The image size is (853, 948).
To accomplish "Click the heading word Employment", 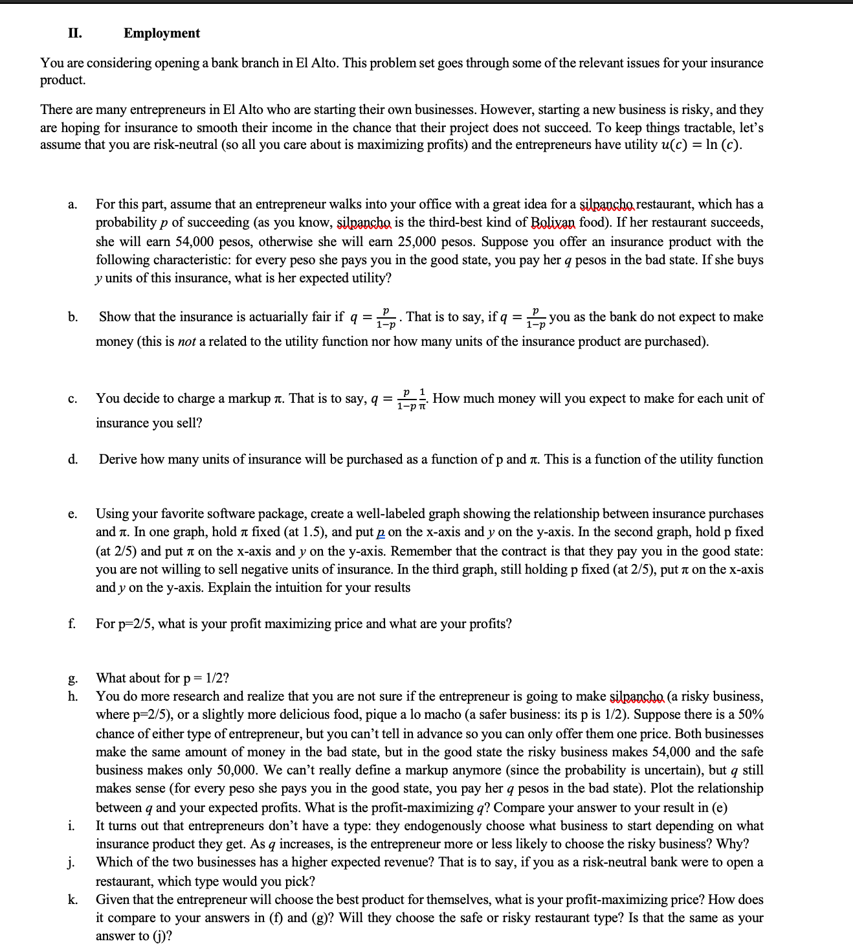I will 161,33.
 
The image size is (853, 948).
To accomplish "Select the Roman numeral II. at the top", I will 75,33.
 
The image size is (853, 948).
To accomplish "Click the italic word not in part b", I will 186,341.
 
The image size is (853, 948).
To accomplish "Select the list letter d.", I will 72,459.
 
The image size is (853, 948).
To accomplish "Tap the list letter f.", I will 72,624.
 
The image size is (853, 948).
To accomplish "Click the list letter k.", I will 72,899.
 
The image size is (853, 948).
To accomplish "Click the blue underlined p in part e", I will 381,532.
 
